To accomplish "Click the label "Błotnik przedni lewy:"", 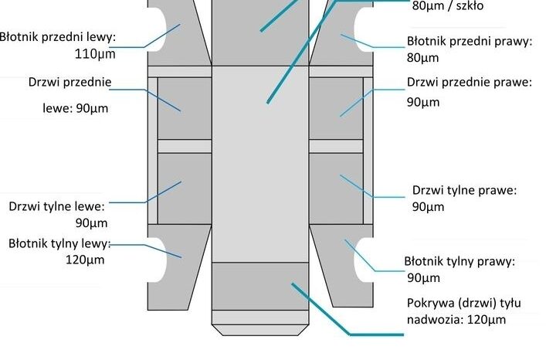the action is pyautogui.click(x=57, y=37).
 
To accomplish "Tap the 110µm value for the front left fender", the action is pyautogui.click(x=95, y=54).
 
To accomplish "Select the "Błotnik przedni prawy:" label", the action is pyautogui.click(x=470, y=41).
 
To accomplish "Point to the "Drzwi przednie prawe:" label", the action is pyautogui.click(x=470, y=82).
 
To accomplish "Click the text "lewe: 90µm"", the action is pyautogui.click(x=75, y=108).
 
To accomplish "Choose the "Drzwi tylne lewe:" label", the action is pyautogui.click(x=56, y=206).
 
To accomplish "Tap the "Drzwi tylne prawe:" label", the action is pyautogui.click(x=464, y=190).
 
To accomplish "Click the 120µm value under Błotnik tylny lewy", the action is pyautogui.click(x=85, y=260).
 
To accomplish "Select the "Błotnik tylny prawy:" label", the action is pyautogui.click(x=460, y=261).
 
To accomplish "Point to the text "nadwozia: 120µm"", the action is pyautogui.click(x=456, y=320).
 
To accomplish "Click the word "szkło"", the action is pyautogui.click(x=470, y=6).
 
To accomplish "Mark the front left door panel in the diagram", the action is pyautogui.click(x=185, y=108).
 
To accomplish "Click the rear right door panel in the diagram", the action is pyautogui.click(x=336, y=188).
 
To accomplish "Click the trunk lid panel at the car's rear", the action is pyautogui.click(x=260, y=286).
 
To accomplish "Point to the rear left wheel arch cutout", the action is pyautogui.click(x=158, y=260).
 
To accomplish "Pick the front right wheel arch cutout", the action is pyautogui.click(x=364, y=29).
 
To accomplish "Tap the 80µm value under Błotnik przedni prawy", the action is pyautogui.click(x=422, y=58).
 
